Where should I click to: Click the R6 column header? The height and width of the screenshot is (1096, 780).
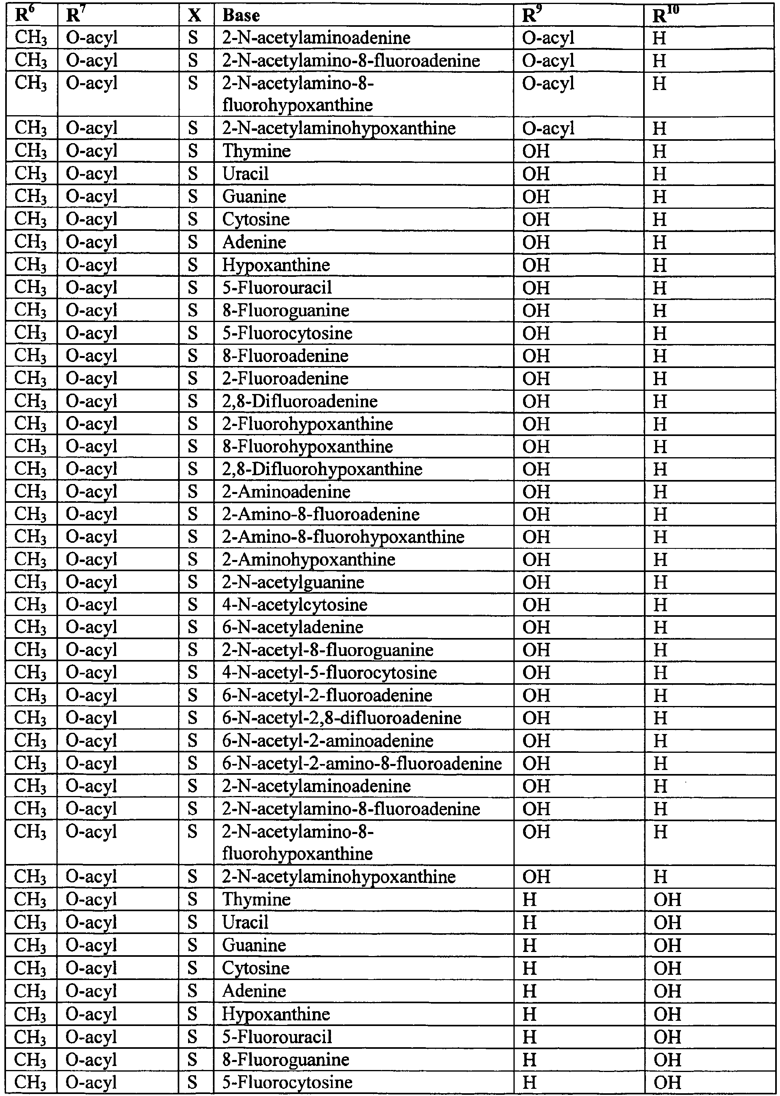[x=26, y=15]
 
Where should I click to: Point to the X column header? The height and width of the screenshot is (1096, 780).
[x=194, y=15]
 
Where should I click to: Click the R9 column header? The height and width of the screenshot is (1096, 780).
[x=532, y=15]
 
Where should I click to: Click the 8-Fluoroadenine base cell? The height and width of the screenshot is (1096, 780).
[x=285, y=356]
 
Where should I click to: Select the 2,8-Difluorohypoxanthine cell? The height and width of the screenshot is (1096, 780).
[x=322, y=469]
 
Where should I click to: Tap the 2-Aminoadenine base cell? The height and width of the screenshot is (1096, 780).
[x=286, y=492]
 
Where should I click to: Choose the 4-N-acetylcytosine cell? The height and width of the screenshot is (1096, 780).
[x=295, y=604]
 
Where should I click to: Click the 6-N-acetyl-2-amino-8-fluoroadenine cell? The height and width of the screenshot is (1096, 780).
[x=362, y=763]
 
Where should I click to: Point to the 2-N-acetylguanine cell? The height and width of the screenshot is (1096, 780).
[x=293, y=582]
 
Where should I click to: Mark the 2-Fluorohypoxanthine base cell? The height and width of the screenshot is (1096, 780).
[x=307, y=424]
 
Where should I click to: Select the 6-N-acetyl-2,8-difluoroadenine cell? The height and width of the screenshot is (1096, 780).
[x=341, y=718]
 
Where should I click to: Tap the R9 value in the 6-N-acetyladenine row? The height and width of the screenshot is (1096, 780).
[x=535, y=628]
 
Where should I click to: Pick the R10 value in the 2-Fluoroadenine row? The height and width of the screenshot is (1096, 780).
[x=660, y=379]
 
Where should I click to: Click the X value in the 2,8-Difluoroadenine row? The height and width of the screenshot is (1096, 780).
[x=192, y=401]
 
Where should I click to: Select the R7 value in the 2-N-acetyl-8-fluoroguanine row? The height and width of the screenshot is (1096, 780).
[x=91, y=650]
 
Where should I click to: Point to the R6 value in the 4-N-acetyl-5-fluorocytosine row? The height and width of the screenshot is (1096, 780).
[x=31, y=672]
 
